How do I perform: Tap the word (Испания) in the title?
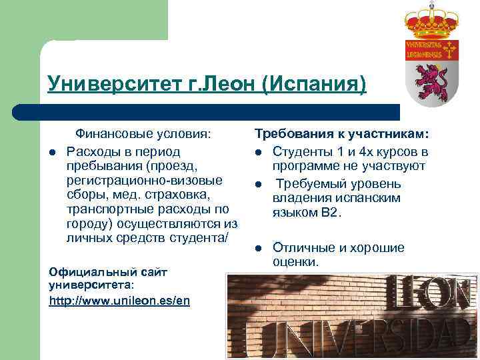click(x=314, y=85)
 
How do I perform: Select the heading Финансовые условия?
click(x=143, y=133)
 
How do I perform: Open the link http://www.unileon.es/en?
click(x=119, y=301)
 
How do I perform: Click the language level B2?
click(x=329, y=213)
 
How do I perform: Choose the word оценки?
click(x=295, y=262)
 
